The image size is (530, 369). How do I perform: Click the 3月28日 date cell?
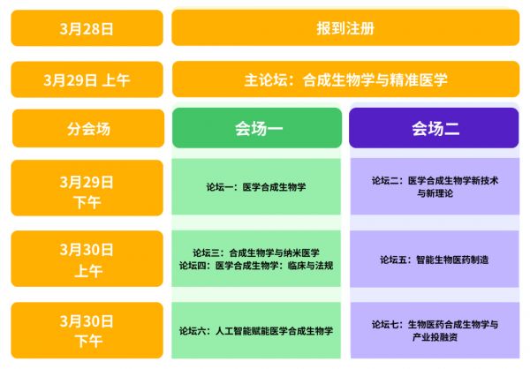(x=87, y=28)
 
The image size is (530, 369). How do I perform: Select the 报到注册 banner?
(x=345, y=27)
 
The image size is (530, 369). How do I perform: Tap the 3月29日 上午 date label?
(x=87, y=79)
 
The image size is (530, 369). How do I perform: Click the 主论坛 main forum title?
(x=345, y=79)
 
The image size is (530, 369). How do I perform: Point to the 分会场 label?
(x=88, y=128)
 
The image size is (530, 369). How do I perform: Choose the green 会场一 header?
(x=257, y=128)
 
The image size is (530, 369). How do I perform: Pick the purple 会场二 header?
(x=434, y=128)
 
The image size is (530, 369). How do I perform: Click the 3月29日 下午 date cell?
(x=87, y=188)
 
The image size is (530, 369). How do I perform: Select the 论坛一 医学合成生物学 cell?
(x=256, y=187)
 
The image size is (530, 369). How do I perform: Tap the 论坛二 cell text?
(x=435, y=187)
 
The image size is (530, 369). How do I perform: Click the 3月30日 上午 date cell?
(x=87, y=259)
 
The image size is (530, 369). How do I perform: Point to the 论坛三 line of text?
(x=256, y=252)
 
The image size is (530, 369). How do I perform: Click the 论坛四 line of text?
(x=256, y=266)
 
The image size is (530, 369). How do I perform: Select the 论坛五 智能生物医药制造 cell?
(x=435, y=260)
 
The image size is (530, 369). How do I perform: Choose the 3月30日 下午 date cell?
(x=87, y=330)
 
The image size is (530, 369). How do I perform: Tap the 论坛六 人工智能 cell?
(x=256, y=330)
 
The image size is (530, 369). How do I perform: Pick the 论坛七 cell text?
(x=435, y=331)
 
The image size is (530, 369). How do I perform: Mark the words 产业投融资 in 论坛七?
(x=435, y=337)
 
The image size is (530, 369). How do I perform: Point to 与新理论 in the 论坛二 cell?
(x=435, y=193)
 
